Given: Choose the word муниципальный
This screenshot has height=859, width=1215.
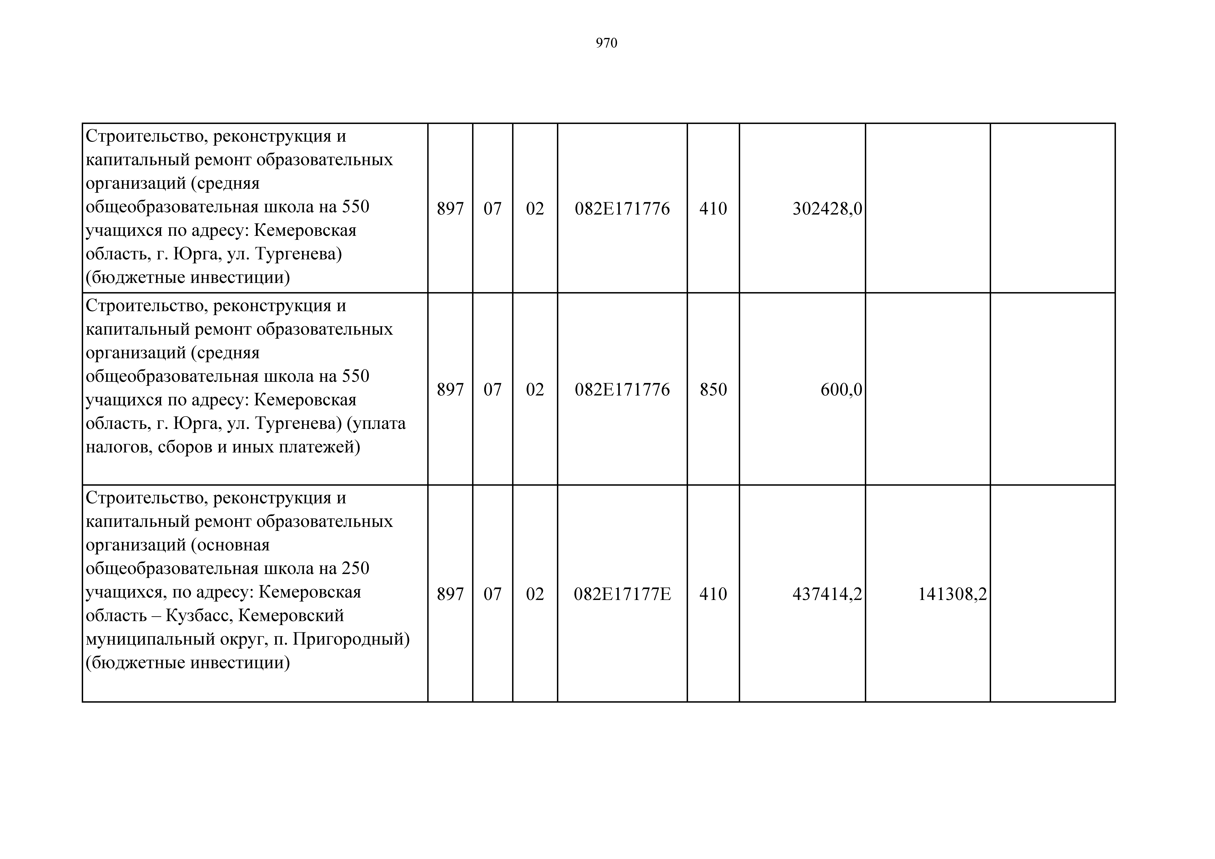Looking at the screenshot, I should coord(150,639).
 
